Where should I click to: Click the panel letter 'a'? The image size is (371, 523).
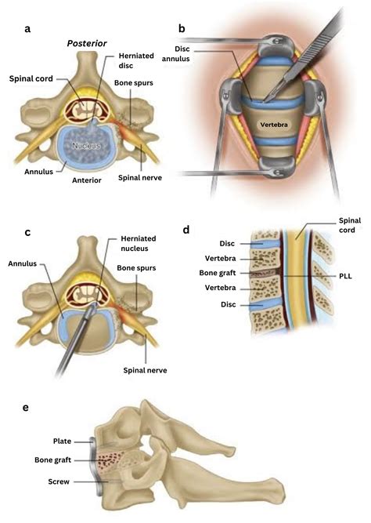tap(28, 30)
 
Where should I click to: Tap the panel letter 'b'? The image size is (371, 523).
tap(182, 30)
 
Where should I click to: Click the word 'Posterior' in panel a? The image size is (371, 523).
tap(87, 45)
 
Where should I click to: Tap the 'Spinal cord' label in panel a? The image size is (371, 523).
tap(34, 78)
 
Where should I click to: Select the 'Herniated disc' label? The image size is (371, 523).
tap(135, 61)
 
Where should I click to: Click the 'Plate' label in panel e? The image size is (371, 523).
tap(62, 441)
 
